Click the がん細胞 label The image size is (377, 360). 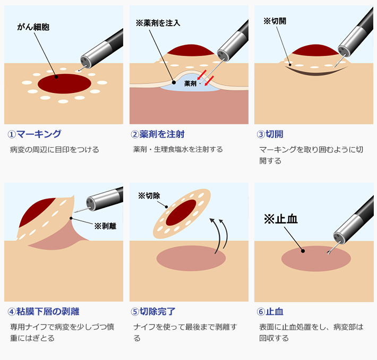pyautogui.click(x=33, y=27)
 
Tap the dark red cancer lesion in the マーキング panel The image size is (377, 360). pyautogui.click(x=64, y=84)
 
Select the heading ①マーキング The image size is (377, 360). pyautogui.click(x=35, y=134)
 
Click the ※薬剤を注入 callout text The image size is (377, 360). pyautogui.click(x=158, y=23)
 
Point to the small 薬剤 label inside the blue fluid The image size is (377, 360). pyautogui.click(x=190, y=83)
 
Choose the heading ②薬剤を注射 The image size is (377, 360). pyautogui.click(x=158, y=134)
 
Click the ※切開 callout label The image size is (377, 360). pyautogui.click(x=275, y=21)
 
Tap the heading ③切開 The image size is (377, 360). pyautogui.click(x=270, y=134)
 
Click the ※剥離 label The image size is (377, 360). pyautogui.click(x=105, y=226)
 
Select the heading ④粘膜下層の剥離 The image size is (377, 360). pyautogui.click(x=44, y=312)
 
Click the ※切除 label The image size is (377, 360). pyautogui.click(x=149, y=196)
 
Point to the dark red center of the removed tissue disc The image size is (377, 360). pyautogui.click(x=181, y=212)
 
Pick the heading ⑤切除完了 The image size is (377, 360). pyautogui.click(x=153, y=312)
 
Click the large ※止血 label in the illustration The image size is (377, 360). pyautogui.click(x=281, y=219)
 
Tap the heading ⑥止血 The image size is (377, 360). pyautogui.click(x=270, y=312)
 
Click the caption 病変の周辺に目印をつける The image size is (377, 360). pyautogui.click(x=54, y=150)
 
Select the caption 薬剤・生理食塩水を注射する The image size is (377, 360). pyautogui.click(x=178, y=149)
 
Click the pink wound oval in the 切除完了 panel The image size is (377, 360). pyautogui.click(x=191, y=258)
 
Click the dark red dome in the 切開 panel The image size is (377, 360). pyautogui.click(x=315, y=50)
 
